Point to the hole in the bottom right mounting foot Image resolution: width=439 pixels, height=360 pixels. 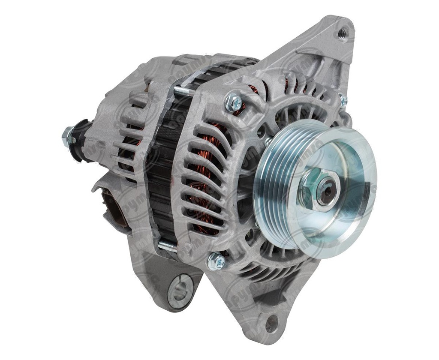pos(271,323)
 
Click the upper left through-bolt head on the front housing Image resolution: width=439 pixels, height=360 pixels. pos(234,102)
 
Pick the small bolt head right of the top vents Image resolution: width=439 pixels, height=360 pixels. pos(343,101)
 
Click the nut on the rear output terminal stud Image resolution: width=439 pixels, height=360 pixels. pos(68,137)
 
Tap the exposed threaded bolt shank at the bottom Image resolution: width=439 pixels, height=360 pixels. pos(167,246)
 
